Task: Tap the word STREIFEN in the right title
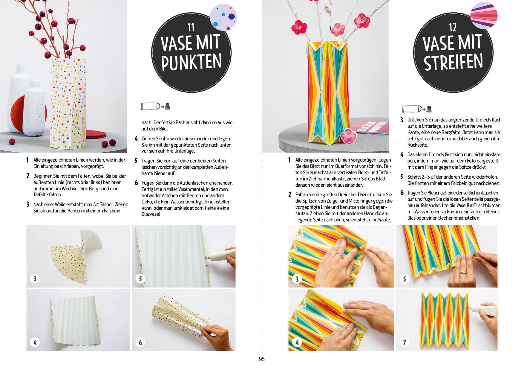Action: (x=453, y=62)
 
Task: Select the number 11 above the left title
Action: (x=191, y=28)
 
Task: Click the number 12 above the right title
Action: (x=453, y=28)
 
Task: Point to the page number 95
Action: (x=262, y=359)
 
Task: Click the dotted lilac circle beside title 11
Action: (x=223, y=17)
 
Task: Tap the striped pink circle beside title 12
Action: (x=484, y=16)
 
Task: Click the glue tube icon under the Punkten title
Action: (x=155, y=106)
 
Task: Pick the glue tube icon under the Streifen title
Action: (x=417, y=109)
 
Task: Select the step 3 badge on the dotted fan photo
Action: (x=35, y=279)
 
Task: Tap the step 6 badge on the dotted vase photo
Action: (x=140, y=342)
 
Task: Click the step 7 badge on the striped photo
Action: (x=405, y=342)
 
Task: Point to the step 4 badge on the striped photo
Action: (x=297, y=342)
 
